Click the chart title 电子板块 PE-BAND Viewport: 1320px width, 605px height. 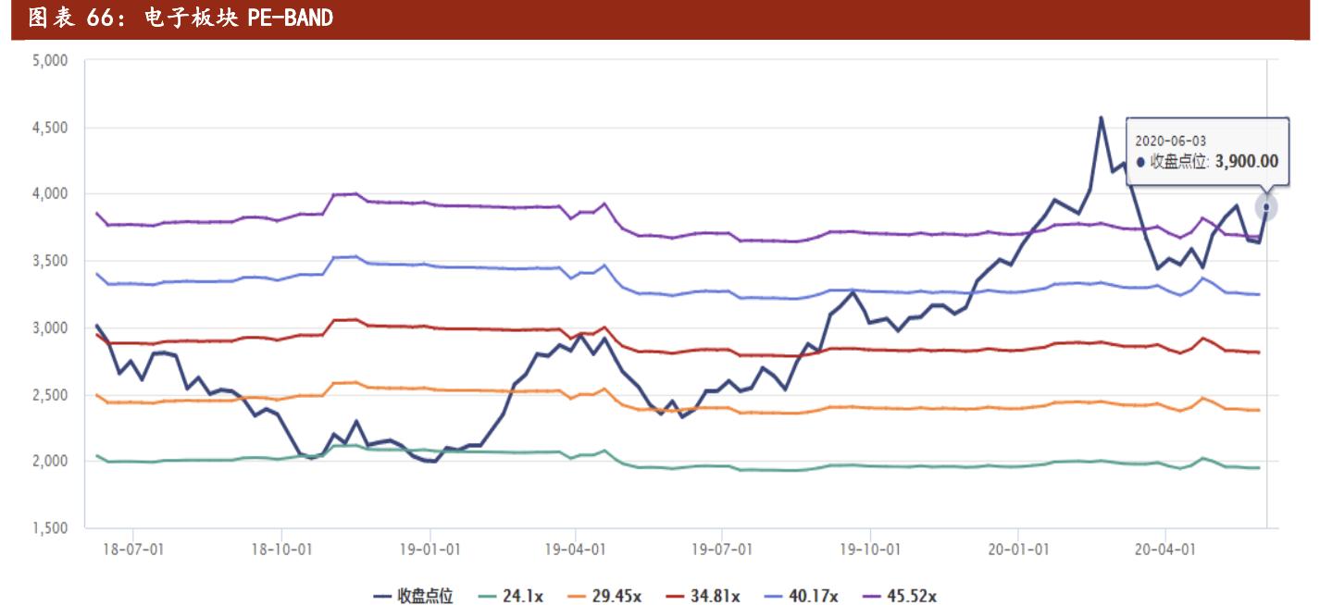(181, 18)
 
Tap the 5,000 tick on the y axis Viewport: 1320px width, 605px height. (51, 61)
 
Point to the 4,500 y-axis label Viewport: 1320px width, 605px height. (51, 128)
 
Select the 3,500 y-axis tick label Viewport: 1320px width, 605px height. (51, 261)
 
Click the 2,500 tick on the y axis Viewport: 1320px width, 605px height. (51, 395)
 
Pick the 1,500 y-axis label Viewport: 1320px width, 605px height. (51, 528)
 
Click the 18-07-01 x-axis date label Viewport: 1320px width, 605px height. (134, 549)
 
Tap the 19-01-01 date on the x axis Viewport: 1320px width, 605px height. (430, 549)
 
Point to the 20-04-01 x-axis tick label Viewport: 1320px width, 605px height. (1164, 549)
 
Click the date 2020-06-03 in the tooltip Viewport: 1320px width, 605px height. (1169, 140)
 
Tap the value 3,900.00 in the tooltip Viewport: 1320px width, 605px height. (1246, 162)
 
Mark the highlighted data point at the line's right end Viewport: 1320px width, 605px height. (1266, 207)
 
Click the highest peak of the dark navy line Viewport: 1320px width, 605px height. (1101, 117)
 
